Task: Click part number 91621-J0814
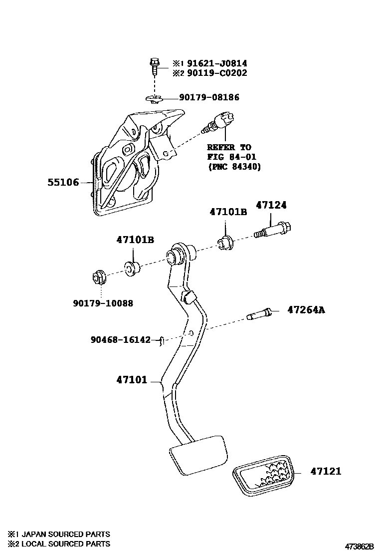coord(217,63)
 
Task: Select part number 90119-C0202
coord(217,73)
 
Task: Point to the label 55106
coord(63,183)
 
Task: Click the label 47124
coord(271,205)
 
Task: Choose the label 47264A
coord(306,310)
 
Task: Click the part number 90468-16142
coord(120,339)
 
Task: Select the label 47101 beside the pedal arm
coord(132,380)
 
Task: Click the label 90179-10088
coord(103,303)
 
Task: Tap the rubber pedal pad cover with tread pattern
coord(263,476)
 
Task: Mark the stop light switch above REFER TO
coord(219,122)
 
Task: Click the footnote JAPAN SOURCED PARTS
coord(59,534)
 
